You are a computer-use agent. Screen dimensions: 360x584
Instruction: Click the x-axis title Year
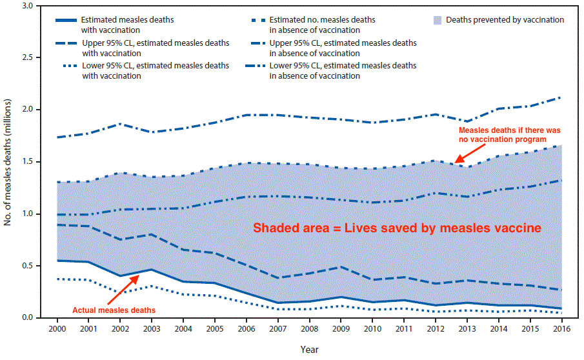click(x=309, y=349)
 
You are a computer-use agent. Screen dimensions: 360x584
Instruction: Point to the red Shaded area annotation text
click(x=396, y=228)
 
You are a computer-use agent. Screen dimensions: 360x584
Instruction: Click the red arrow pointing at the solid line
click(x=123, y=289)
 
